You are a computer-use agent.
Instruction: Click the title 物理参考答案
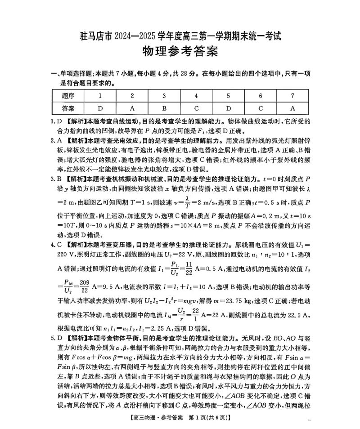180,52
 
